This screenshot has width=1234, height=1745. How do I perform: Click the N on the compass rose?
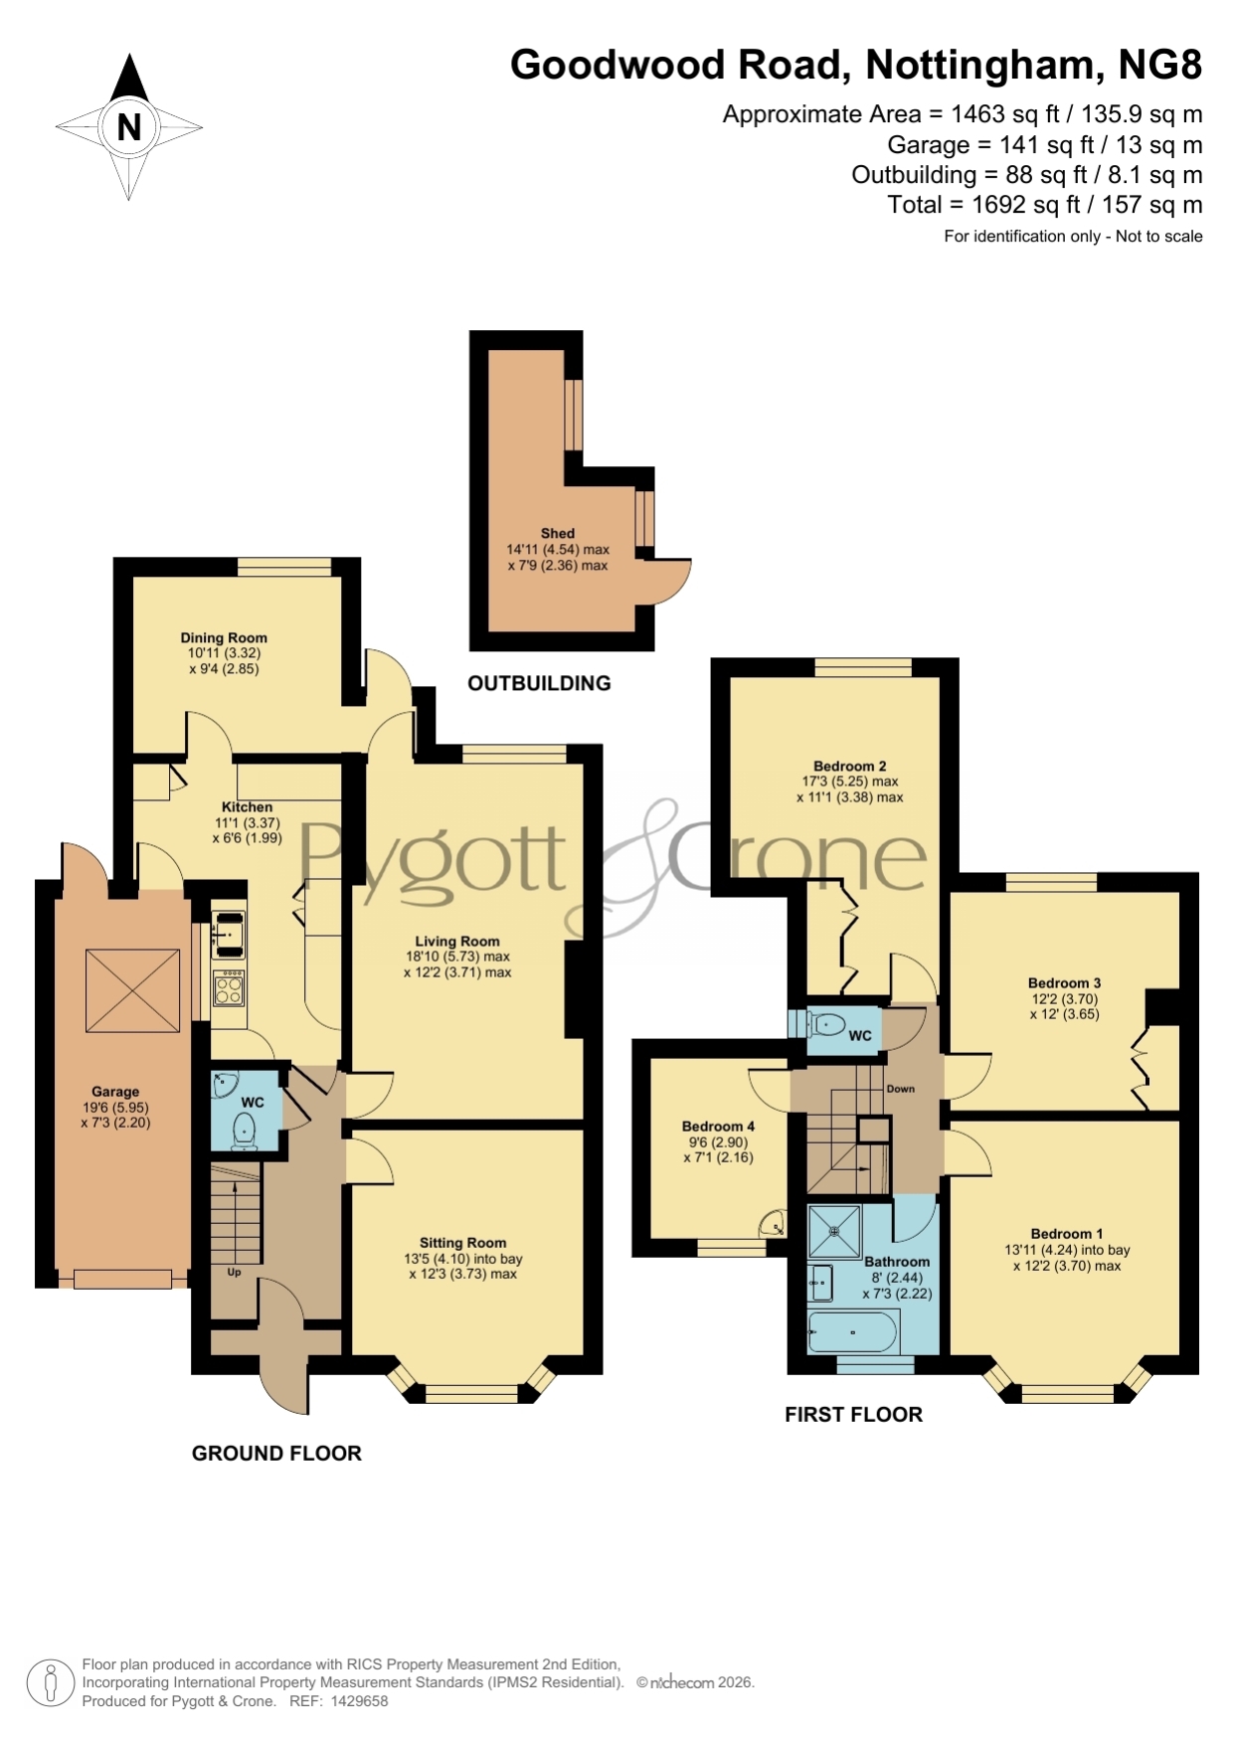tap(129, 127)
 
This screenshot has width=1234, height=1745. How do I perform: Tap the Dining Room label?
tap(224, 638)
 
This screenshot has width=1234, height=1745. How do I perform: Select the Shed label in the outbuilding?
tap(558, 534)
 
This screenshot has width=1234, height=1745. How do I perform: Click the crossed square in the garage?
tap(132, 990)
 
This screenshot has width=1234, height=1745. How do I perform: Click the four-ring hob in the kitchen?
tap(229, 988)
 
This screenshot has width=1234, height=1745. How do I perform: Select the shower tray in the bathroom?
tap(835, 1232)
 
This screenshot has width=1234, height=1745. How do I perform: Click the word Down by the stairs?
tap(901, 1089)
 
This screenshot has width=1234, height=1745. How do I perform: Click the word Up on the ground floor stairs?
tap(235, 1272)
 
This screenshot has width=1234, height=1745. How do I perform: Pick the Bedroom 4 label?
tap(718, 1127)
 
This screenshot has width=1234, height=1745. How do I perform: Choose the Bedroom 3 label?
tap(1065, 983)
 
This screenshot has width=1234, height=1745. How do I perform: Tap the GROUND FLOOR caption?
tap(276, 1454)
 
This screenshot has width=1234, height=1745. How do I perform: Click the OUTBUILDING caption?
tap(539, 683)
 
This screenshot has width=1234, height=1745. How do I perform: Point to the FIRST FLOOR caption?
tap(854, 1415)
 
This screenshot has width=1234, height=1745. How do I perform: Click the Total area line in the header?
tap(1045, 205)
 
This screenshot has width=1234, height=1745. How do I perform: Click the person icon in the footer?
tap(50, 1684)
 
